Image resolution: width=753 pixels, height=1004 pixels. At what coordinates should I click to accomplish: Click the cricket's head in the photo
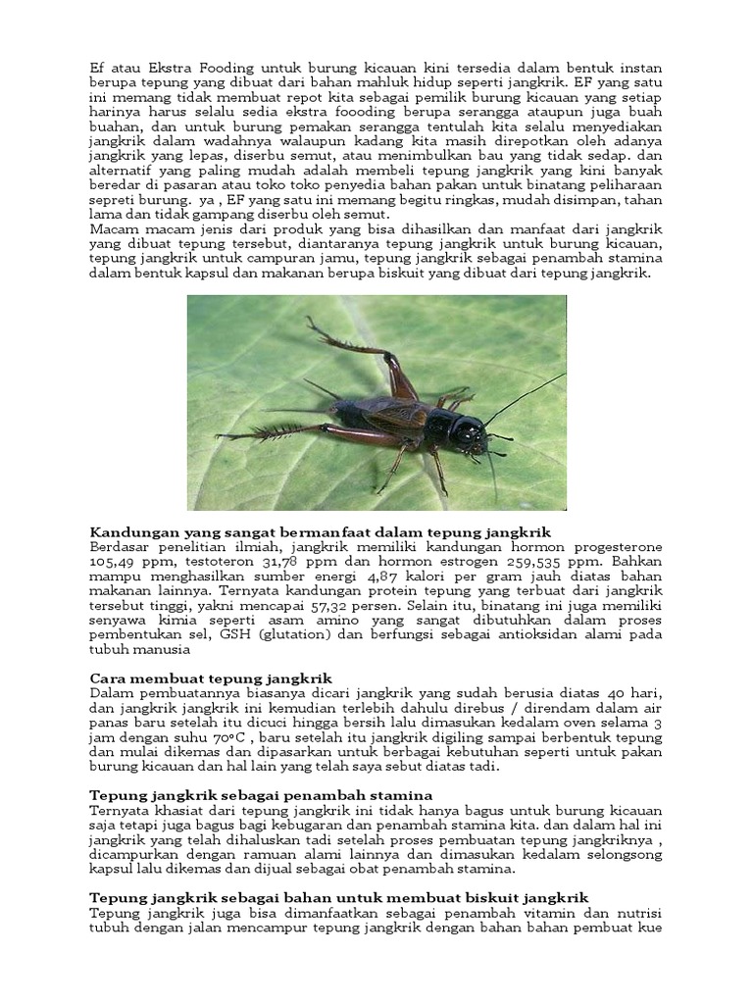point(469,432)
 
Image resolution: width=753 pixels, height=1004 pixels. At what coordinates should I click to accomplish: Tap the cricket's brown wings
point(392,416)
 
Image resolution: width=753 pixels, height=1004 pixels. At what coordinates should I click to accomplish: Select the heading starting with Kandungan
point(320,532)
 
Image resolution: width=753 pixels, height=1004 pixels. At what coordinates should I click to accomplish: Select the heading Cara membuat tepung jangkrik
point(211,678)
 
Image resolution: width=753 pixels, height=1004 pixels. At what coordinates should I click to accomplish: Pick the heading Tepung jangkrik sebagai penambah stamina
point(261,795)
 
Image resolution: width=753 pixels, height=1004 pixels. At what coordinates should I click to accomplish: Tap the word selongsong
point(624,854)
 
